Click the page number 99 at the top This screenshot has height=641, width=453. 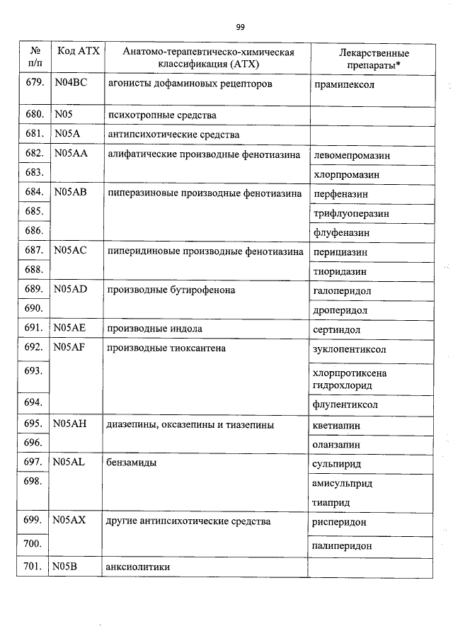click(240, 27)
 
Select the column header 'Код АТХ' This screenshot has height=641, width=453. click(78, 52)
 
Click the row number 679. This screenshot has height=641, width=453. click(33, 84)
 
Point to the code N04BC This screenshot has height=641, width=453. click(70, 84)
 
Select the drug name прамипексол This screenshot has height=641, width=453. click(343, 84)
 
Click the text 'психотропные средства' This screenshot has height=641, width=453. click(161, 115)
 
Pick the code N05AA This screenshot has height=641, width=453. click(71, 154)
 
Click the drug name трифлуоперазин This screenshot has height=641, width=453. click(350, 212)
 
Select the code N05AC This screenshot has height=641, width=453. click(71, 251)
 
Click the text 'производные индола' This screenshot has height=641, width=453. click(154, 329)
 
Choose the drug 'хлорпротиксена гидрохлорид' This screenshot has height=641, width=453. click(348, 379)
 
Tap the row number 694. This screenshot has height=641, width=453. click(33, 402)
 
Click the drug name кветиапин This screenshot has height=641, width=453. click(336, 425)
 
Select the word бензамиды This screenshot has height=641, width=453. click(132, 463)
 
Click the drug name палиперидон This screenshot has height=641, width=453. click(342, 546)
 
